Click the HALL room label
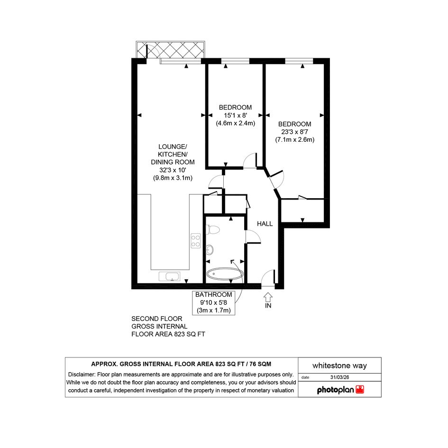(265, 224)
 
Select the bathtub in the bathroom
(225, 274)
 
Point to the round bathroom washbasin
(210, 249)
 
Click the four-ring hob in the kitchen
(196, 240)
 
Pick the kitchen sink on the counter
(170, 276)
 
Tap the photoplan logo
(340, 390)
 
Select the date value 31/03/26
(340, 377)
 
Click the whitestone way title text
(339, 366)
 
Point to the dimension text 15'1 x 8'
(236, 115)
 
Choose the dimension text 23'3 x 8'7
(294, 132)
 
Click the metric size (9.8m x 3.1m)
(173, 178)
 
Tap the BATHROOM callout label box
(214, 302)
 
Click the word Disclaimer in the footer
(81, 375)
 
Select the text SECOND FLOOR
(156, 319)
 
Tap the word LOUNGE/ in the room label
(173, 146)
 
